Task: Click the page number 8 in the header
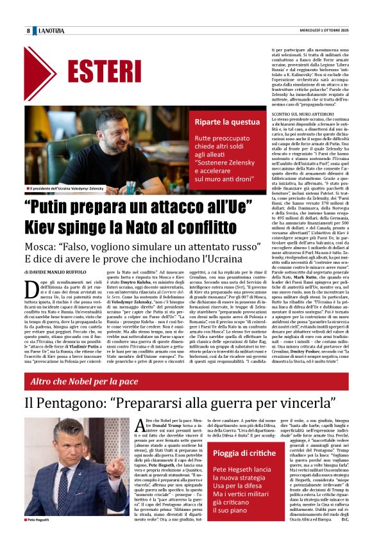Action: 29,31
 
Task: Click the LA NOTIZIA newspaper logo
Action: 51,31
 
